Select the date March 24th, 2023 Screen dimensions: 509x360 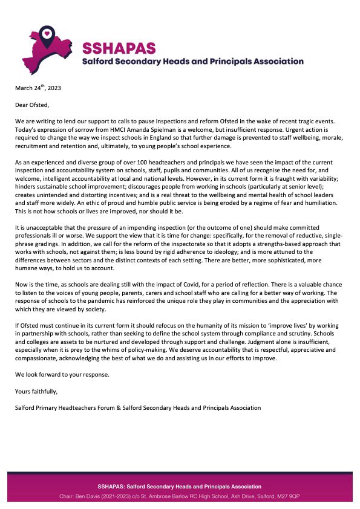point(38,88)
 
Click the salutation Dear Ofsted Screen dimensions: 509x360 point(34,104)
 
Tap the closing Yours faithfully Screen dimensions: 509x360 point(35,391)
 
